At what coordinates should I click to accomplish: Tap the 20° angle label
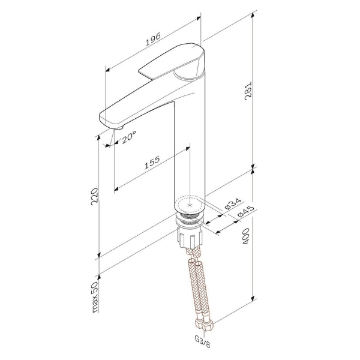click(x=128, y=137)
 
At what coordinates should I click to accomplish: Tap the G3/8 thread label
click(x=202, y=340)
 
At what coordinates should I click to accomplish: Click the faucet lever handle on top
click(x=174, y=62)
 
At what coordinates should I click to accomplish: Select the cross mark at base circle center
click(x=191, y=205)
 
